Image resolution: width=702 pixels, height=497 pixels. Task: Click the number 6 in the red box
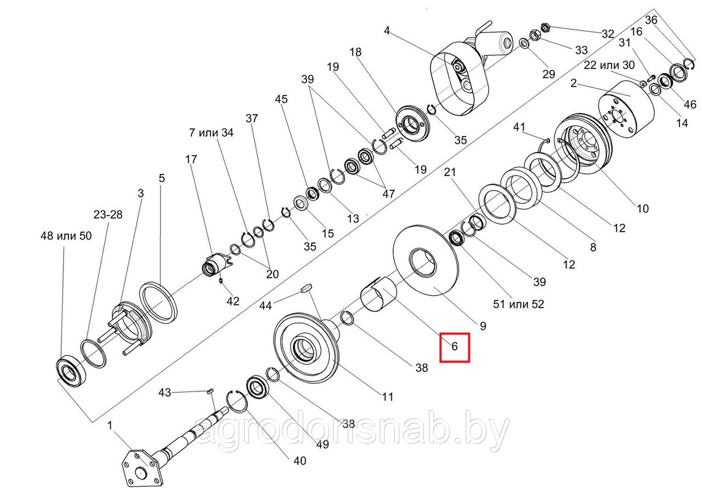coord(454,347)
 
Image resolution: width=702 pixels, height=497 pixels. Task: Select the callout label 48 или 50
coord(66,236)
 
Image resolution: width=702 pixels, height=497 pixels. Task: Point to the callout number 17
coord(190,160)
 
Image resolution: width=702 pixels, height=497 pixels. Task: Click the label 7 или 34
coord(211,133)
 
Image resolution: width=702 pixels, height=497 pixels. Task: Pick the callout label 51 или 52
coord(518,303)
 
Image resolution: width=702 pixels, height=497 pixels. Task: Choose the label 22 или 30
coord(609,65)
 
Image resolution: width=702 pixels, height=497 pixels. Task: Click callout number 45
coord(281,100)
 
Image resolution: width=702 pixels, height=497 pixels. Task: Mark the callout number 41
coord(519,127)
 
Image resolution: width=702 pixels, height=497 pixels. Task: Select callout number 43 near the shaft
coord(165,392)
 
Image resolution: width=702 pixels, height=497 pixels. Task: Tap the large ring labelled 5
coord(159,301)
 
